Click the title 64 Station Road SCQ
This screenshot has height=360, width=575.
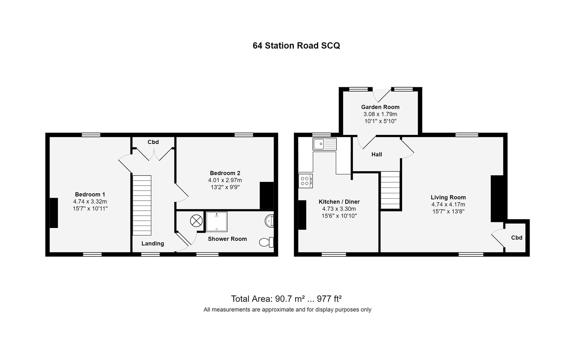(x=296, y=46)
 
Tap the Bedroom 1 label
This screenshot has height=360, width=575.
(x=90, y=194)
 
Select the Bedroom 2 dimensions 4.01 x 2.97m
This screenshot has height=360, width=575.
(x=225, y=180)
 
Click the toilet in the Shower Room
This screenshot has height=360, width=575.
(x=266, y=242)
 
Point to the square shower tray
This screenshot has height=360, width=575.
(x=217, y=222)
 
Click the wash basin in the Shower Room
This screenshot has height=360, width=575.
(x=270, y=221)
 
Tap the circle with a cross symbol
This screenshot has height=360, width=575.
(x=196, y=221)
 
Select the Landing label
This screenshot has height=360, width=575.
(x=153, y=244)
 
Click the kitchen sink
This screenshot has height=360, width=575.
(x=324, y=144)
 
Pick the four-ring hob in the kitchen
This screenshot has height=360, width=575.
(x=305, y=181)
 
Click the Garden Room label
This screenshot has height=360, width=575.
(x=380, y=107)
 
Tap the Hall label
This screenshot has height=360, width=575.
(x=377, y=154)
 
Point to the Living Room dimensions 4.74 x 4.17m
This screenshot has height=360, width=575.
(x=448, y=205)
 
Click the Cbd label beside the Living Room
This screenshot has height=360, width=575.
(x=517, y=238)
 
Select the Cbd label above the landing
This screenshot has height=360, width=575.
(x=153, y=142)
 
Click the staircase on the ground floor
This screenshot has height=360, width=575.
(x=390, y=190)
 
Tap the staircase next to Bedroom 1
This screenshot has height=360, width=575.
(x=142, y=205)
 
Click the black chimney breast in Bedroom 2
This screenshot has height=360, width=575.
(x=267, y=195)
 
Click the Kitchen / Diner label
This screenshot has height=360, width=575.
(x=339, y=202)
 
